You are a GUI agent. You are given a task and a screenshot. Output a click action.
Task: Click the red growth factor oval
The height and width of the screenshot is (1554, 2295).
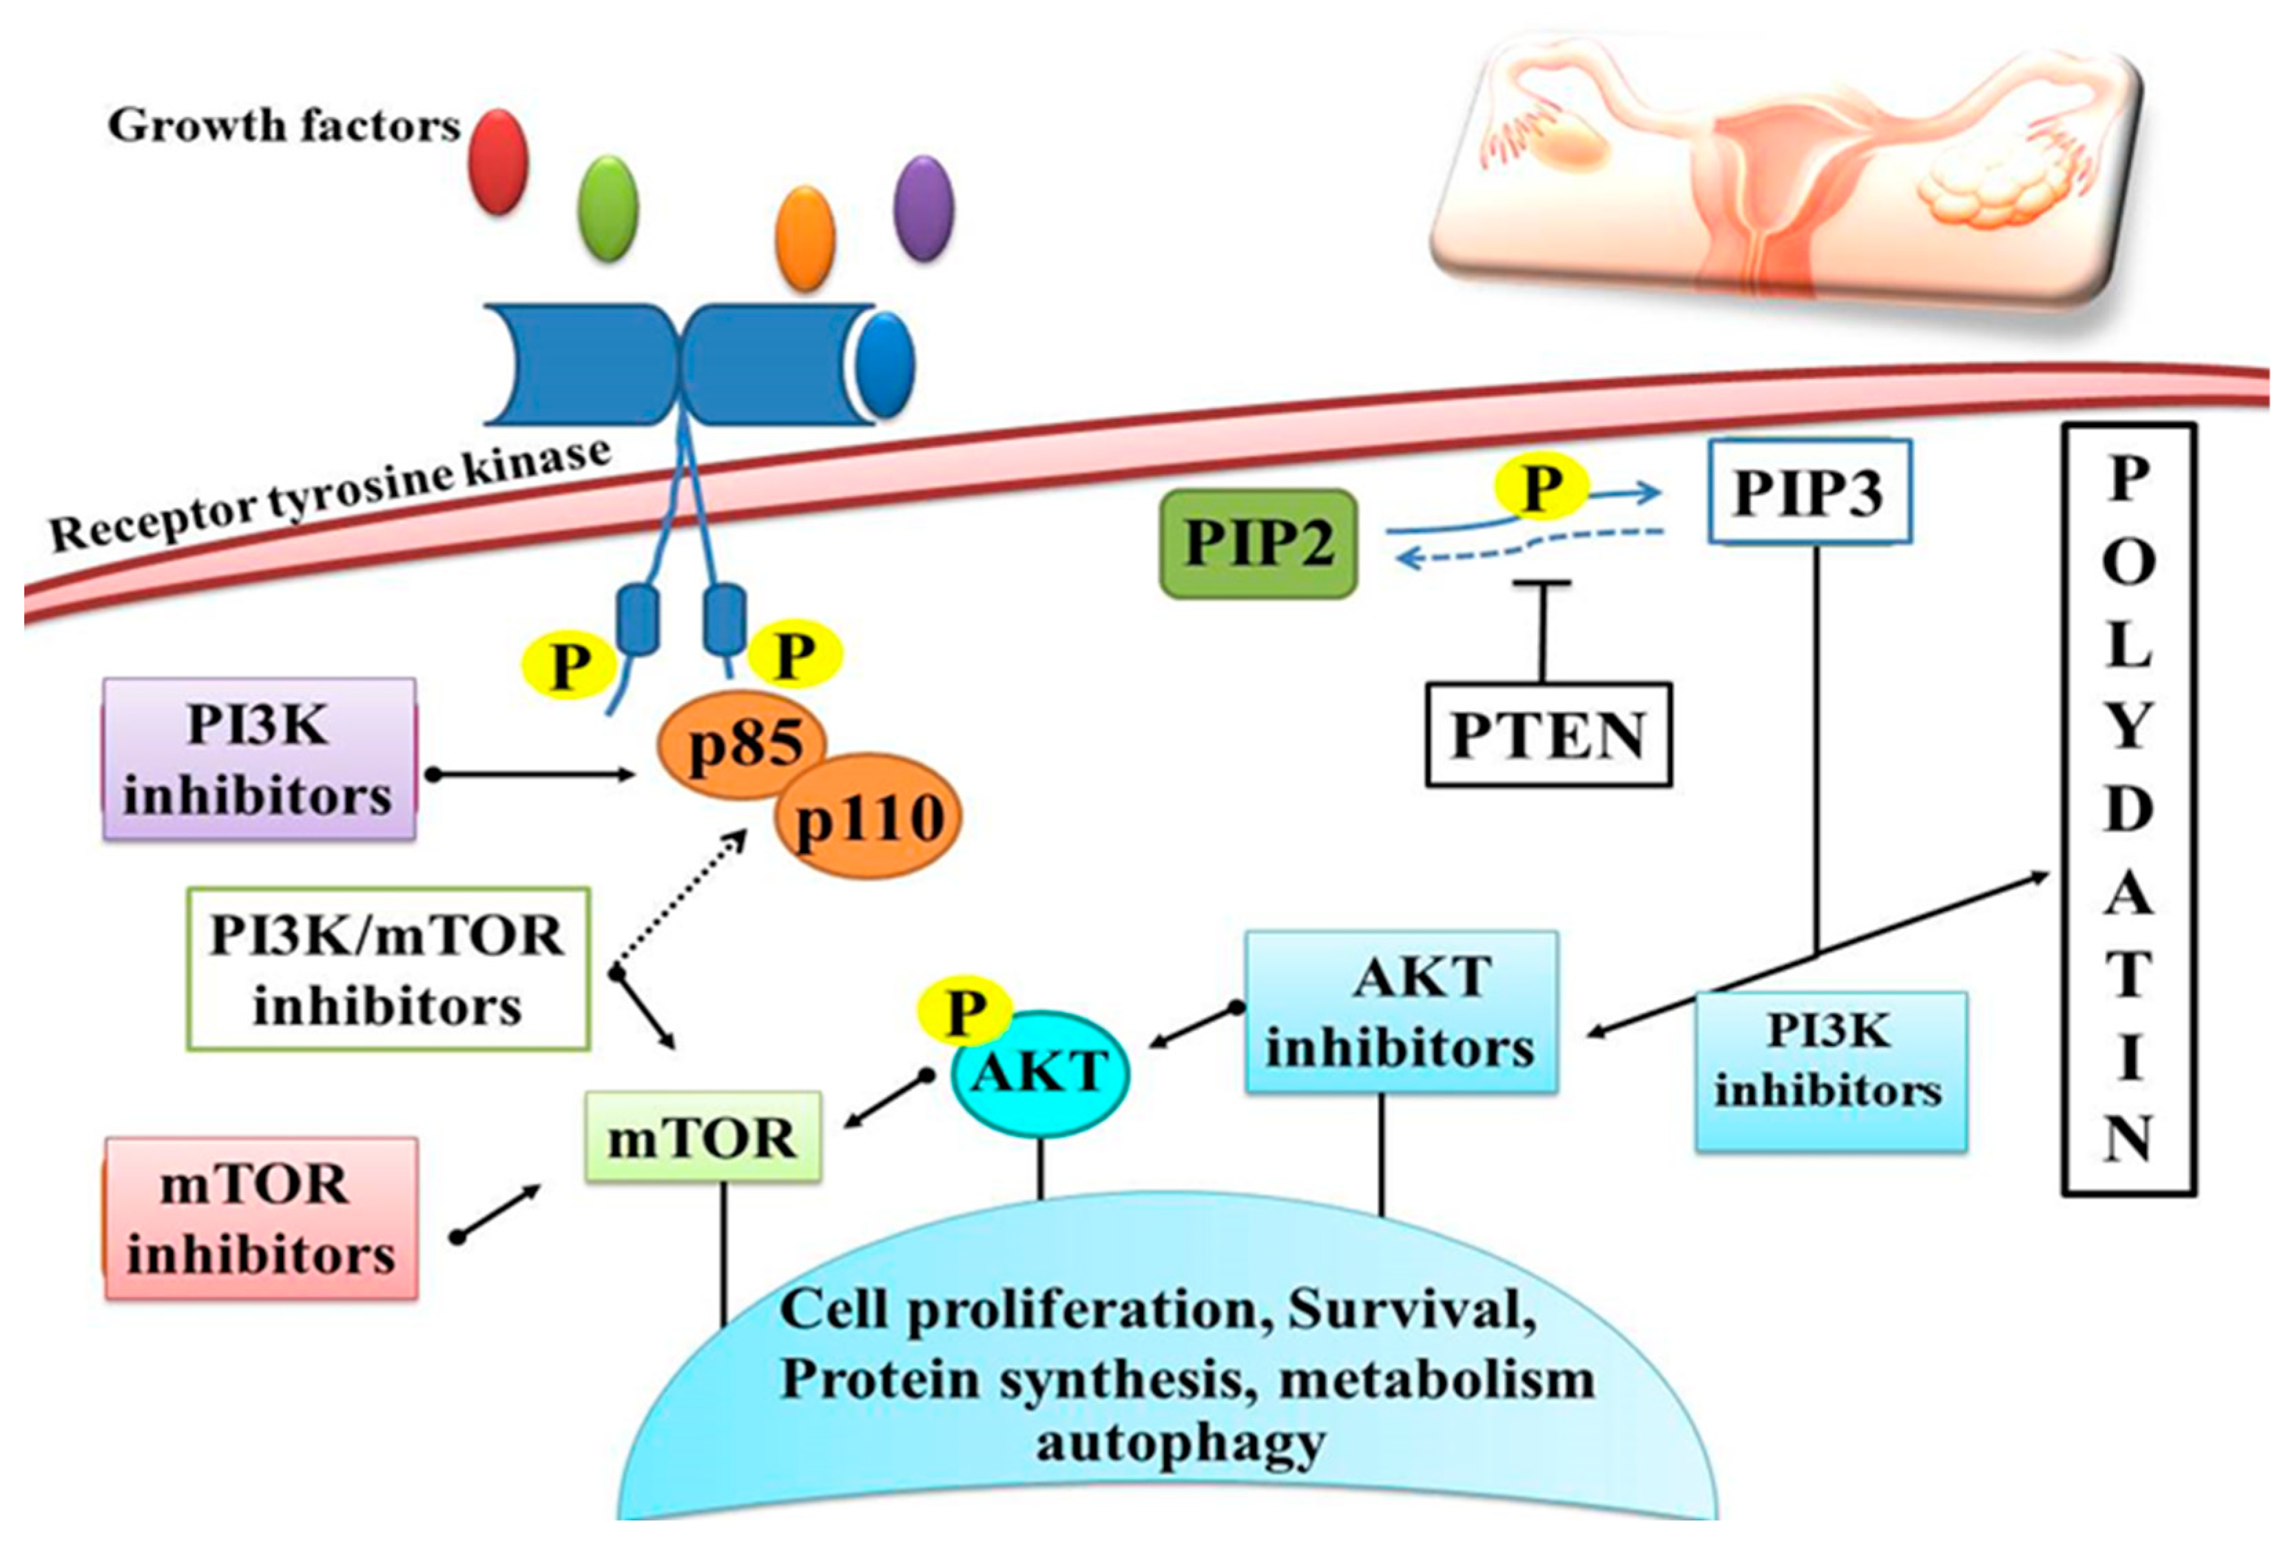point(499,161)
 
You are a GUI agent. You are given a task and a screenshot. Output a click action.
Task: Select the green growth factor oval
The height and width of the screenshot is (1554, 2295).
point(607,208)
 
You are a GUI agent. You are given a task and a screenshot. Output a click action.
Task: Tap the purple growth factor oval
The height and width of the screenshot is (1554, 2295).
point(924,208)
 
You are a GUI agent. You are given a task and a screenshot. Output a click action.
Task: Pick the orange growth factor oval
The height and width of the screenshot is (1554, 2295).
point(806,238)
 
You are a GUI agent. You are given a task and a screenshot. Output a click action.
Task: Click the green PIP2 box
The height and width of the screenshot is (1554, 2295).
point(1258,543)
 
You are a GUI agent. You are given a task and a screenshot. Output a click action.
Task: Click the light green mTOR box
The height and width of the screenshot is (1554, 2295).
point(702,1137)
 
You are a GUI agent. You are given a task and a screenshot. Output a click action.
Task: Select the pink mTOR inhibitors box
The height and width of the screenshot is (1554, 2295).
point(261,1218)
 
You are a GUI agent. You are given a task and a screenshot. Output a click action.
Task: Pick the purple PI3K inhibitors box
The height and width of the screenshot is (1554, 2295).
point(259,759)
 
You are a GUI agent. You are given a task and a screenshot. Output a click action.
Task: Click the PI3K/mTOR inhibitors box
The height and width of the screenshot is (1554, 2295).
point(388,969)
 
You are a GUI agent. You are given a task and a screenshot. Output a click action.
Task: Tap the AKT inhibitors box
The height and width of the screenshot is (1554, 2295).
point(1400,1012)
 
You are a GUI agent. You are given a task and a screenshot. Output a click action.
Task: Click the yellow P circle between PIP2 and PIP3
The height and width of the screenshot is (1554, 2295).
point(1541,487)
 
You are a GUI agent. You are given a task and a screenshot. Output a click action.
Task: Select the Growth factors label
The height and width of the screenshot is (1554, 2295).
point(283,125)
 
